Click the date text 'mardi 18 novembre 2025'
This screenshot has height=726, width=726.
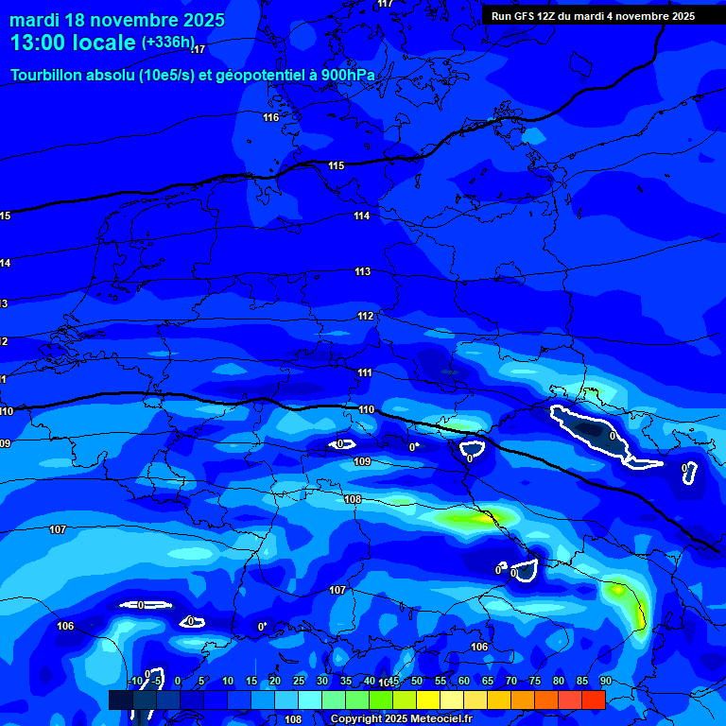click(117, 20)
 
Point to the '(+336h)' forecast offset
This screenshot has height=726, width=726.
click(168, 43)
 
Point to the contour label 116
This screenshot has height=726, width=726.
click(271, 117)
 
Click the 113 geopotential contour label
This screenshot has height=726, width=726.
click(363, 271)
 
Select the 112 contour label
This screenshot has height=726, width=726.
click(366, 316)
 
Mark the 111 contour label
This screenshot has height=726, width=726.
click(365, 372)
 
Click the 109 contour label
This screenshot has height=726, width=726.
click(362, 461)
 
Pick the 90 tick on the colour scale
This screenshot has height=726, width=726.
click(605, 682)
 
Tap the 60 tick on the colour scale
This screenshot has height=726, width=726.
click(463, 682)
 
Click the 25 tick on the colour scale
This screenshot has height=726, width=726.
click(298, 682)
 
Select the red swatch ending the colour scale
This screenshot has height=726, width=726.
click(593, 700)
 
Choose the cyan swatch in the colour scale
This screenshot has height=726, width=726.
click(309, 700)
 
